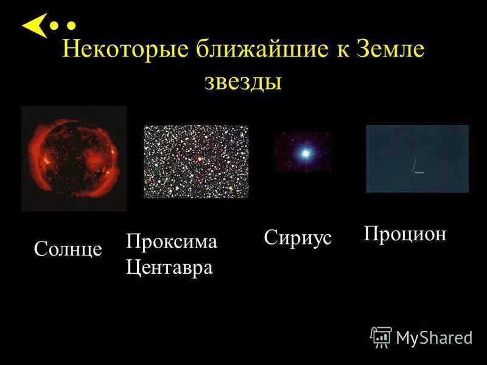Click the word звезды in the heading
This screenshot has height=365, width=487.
click(x=243, y=81)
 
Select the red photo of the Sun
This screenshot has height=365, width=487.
click(x=74, y=158)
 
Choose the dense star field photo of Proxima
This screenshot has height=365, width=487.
click(x=196, y=162)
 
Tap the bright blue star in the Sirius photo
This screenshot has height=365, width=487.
click(x=303, y=153)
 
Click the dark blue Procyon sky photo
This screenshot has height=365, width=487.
click(x=417, y=158)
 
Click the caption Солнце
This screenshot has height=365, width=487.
click(x=68, y=249)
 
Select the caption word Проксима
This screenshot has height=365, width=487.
click(x=171, y=242)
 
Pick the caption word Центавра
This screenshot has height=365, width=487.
click(x=169, y=268)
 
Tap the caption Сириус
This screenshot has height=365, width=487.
click(x=298, y=238)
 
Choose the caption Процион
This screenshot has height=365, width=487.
click(x=405, y=234)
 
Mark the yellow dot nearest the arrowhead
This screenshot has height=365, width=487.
click(x=55, y=26)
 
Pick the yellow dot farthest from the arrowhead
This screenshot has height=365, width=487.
click(x=71, y=26)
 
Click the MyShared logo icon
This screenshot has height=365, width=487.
click(x=381, y=336)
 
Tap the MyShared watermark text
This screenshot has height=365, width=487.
click(x=435, y=338)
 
